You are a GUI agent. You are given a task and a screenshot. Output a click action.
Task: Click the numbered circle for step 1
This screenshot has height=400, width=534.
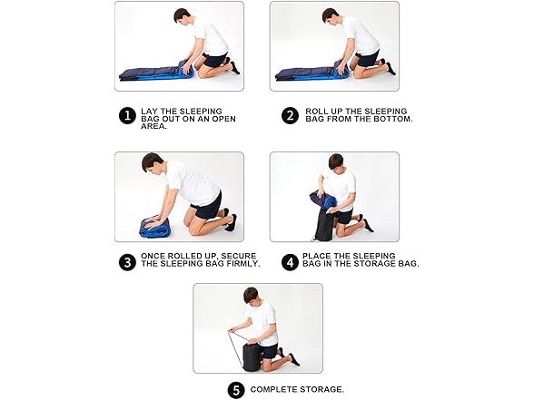pyautogui.click(x=127, y=116)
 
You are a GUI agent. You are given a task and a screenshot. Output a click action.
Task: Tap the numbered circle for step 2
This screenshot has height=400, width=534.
pyautogui.click(x=290, y=116)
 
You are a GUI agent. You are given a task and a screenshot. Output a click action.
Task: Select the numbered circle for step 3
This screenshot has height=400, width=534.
pyautogui.click(x=127, y=262)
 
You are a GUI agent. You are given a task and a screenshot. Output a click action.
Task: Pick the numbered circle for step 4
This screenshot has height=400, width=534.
pyautogui.click(x=290, y=262)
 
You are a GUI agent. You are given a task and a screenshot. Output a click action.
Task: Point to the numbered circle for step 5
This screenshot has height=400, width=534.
pyautogui.click(x=236, y=390)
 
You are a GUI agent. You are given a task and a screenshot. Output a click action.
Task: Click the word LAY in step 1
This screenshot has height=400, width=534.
pyautogui.click(x=148, y=112)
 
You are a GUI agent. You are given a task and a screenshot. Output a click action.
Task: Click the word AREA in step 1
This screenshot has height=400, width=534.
pyautogui.click(x=154, y=126)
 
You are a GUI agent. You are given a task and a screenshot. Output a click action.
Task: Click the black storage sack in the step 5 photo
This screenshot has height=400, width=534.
pyautogui.click(x=252, y=356)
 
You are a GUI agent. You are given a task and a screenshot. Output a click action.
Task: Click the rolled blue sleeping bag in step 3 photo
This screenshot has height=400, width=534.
pyautogui.click(x=154, y=227)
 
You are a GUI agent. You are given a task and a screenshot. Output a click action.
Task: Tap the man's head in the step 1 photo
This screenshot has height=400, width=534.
pyautogui.click(x=183, y=15)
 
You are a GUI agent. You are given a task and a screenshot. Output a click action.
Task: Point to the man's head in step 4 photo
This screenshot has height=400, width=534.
pyautogui.click(x=336, y=163)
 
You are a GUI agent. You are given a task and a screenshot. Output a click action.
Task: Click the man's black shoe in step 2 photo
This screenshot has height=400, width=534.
pyautogui.click(x=391, y=68)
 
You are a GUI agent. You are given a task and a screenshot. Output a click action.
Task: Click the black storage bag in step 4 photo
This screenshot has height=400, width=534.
pyautogui.click(x=325, y=225)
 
